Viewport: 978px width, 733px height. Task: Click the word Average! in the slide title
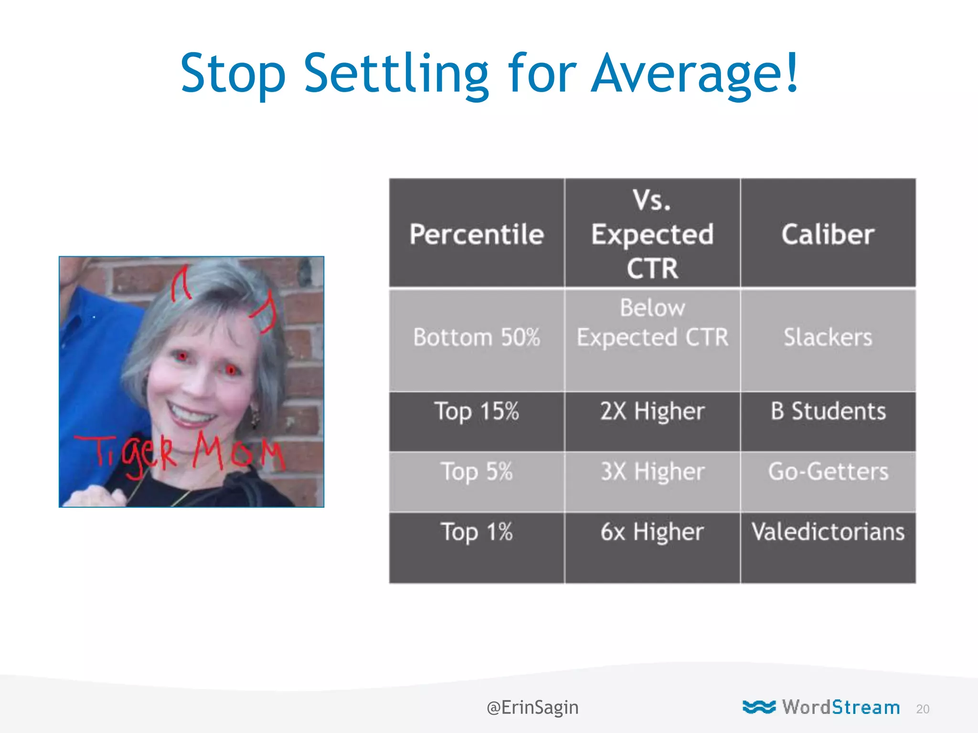[x=695, y=74]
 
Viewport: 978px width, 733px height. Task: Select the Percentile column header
[x=477, y=234]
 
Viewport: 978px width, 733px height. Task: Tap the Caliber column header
[x=828, y=234]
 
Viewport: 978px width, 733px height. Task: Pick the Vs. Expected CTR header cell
[x=652, y=234]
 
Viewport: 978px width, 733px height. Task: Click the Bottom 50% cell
[x=477, y=337]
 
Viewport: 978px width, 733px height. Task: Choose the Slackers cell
[x=828, y=337]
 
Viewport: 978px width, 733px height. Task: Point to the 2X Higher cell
[x=652, y=411]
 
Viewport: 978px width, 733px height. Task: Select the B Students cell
[x=828, y=411]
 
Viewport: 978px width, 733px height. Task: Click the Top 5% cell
[x=477, y=472]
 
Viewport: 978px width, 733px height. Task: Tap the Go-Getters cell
[x=828, y=472]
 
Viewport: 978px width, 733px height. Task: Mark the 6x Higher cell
[x=652, y=532]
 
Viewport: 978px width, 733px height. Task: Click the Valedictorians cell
[x=828, y=532]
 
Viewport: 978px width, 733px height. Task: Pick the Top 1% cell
[x=477, y=532]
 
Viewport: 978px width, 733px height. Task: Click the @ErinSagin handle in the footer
[x=532, y=707]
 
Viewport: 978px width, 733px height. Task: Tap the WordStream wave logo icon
[x=759, y=707]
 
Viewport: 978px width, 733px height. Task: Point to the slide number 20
[x=923, y=709]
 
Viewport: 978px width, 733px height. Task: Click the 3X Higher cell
[x=652, y=472]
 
